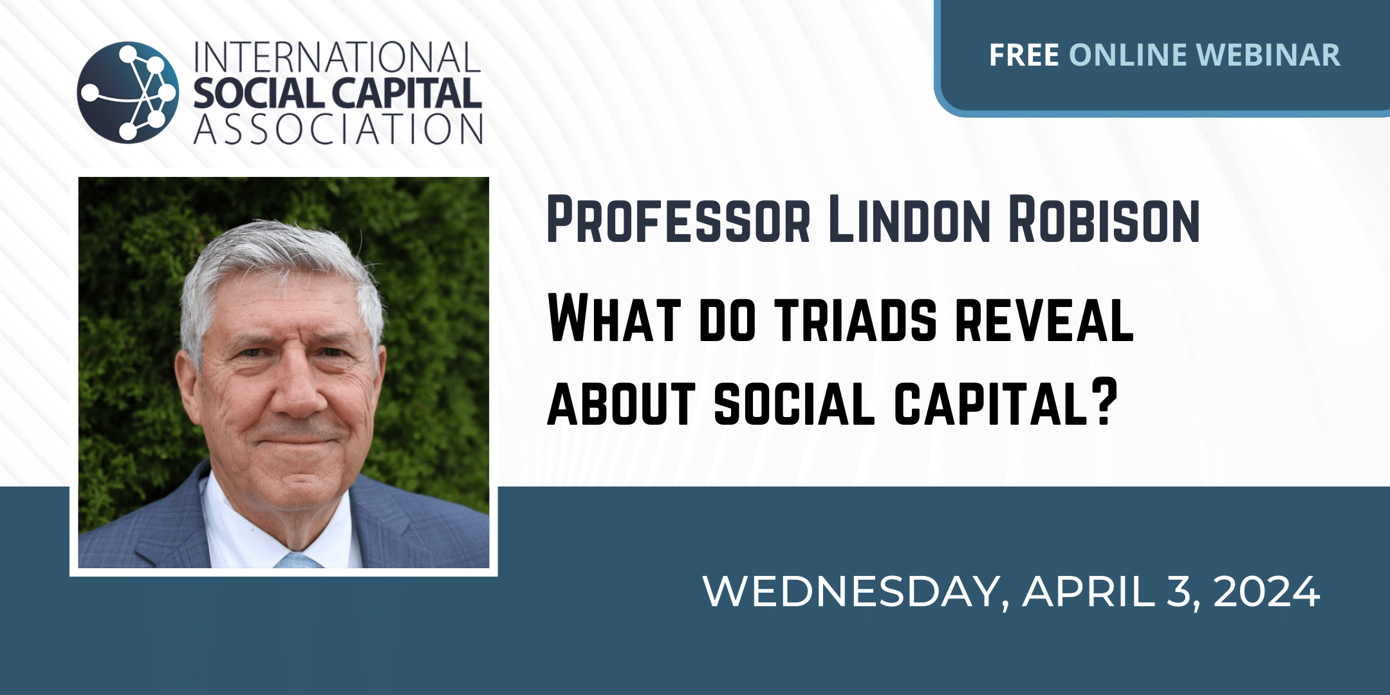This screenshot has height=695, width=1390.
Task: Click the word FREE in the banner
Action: (1024, 55)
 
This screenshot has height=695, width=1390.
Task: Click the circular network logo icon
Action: (128, 92)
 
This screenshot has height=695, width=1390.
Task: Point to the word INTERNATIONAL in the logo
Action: (337, 57)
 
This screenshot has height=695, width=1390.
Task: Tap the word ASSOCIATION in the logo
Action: (338, 129)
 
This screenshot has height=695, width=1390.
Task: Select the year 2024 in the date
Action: (1266, 591)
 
